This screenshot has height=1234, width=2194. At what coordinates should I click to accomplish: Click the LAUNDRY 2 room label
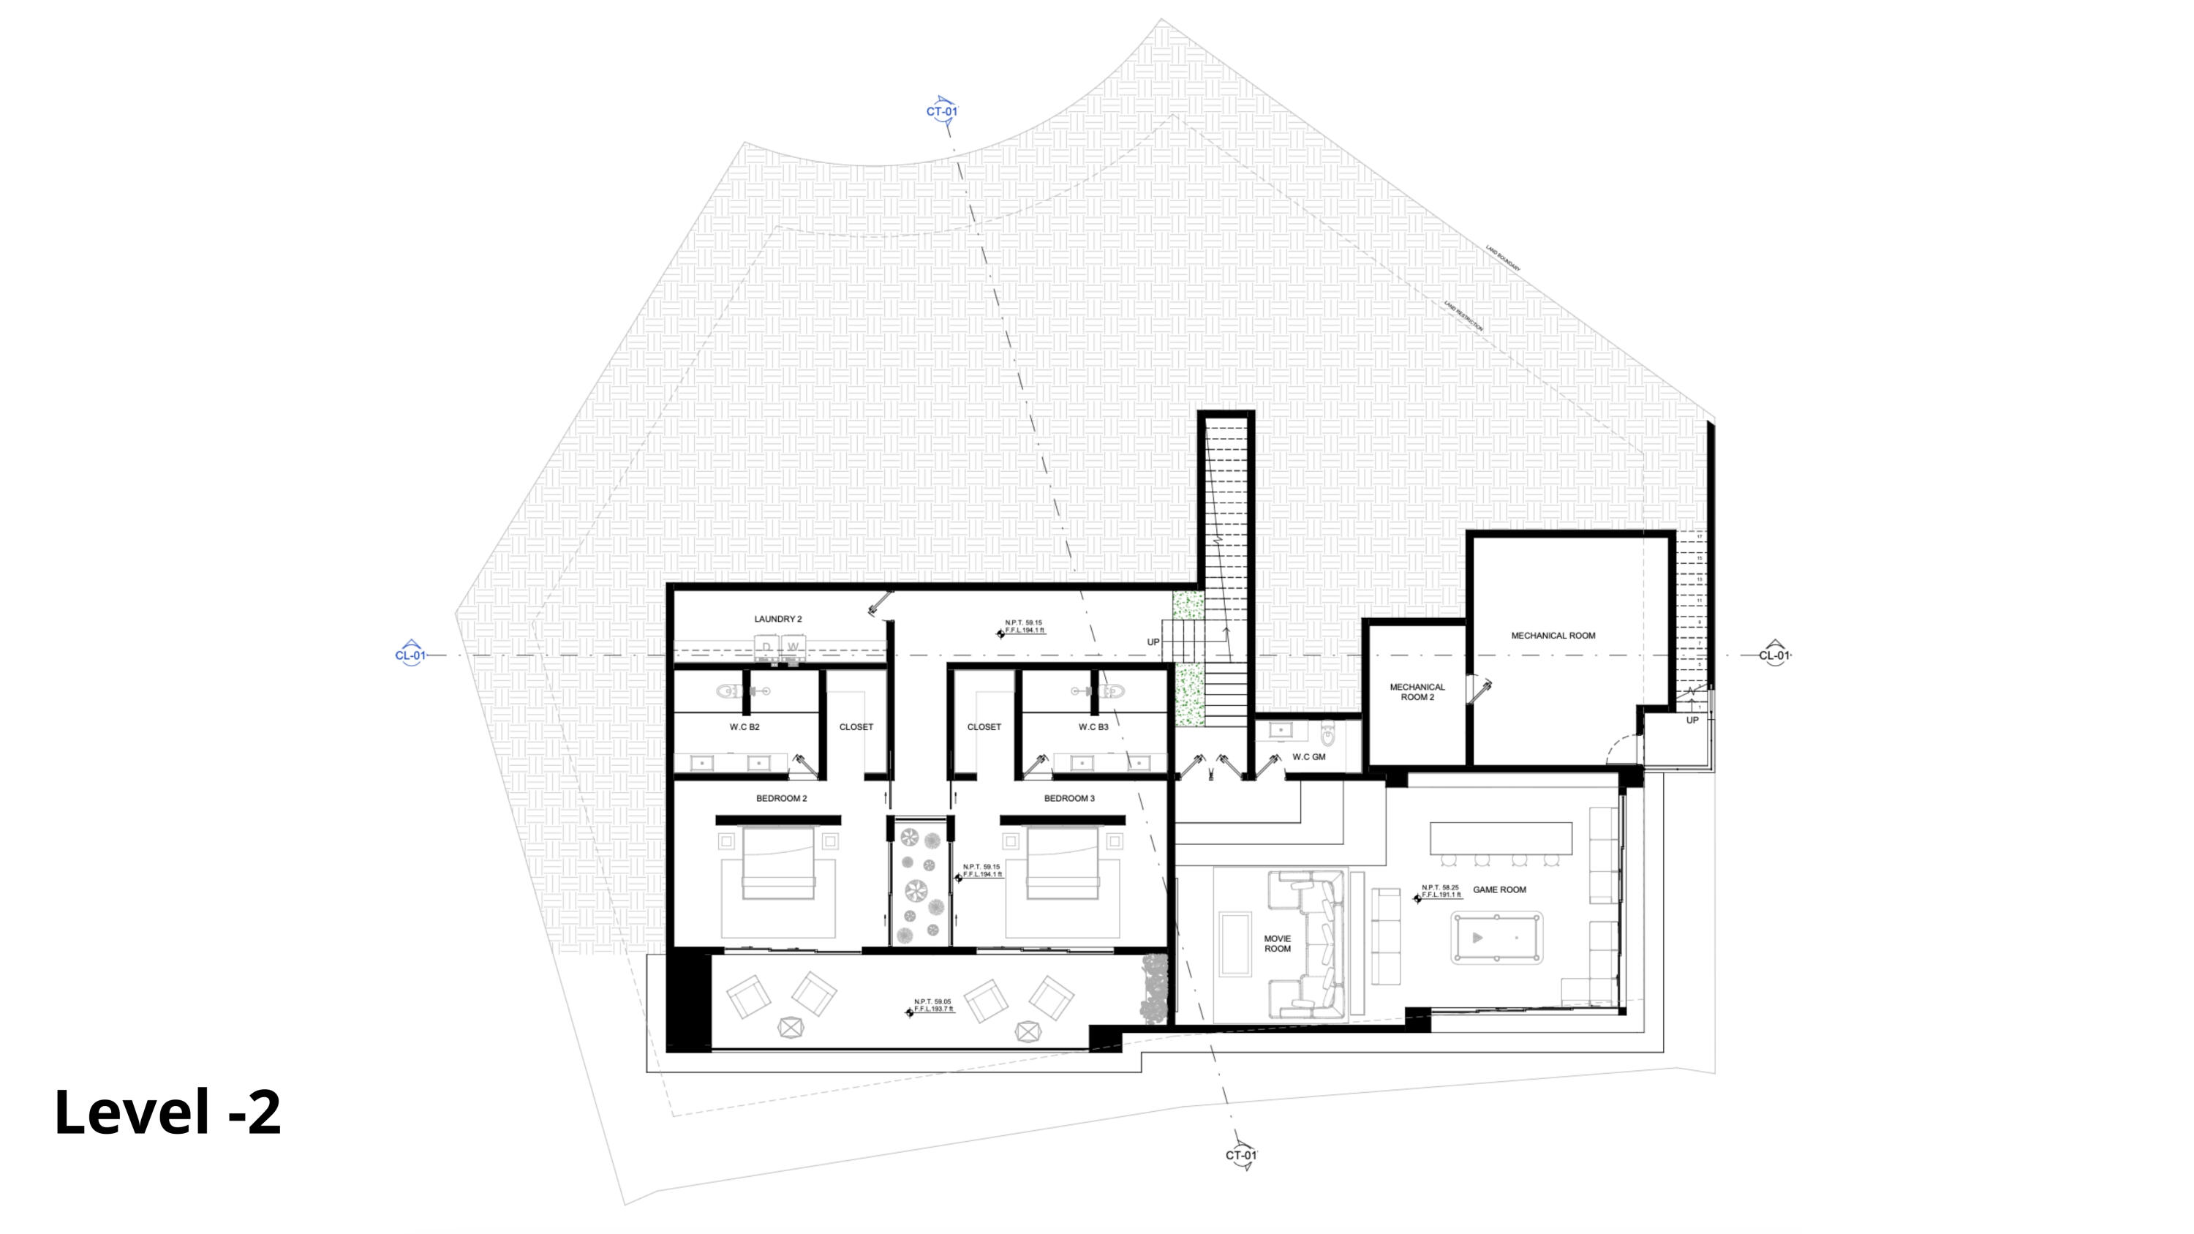[777, 619]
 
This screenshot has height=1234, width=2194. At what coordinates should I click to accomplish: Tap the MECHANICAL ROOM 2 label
[1417, 691]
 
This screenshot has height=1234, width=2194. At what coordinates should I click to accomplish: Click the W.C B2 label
[744, 727]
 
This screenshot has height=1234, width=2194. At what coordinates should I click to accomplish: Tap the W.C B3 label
[1093, 727]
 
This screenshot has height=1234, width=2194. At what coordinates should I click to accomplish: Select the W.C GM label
[1308, 756]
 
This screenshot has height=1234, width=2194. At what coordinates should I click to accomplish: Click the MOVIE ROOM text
[1277, 944]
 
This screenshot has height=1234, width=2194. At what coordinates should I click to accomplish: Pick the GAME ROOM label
[1500, 890]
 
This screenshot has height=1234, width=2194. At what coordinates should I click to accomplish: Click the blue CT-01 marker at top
[942, 112]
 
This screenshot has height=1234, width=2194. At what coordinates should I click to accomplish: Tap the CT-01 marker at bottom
[1241, 1155]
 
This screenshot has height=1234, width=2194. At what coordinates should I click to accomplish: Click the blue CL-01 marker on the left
[410, 655]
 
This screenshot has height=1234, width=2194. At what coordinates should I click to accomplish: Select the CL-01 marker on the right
[1775, 655]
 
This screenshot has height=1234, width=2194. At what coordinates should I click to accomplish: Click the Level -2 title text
[167, 1113]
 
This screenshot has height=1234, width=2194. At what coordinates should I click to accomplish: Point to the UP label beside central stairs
[1153, 642]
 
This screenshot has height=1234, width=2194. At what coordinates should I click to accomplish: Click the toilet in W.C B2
[730, 691]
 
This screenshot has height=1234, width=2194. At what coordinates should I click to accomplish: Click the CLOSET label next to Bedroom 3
[984, 727]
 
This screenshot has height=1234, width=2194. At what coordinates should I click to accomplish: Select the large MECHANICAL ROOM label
[1553, 636]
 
